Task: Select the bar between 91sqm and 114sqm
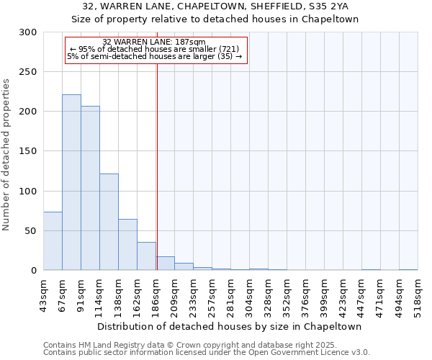tap(90, 188)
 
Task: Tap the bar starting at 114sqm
tap(109, 222)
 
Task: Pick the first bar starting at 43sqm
tap(53, 241)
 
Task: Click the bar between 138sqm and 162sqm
tap(127, 245)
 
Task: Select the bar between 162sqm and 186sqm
tap(146, 256)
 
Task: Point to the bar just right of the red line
tap(165, 264)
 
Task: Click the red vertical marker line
tap(156, 158)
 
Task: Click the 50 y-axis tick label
tap(31, 231)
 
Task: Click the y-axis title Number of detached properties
tap(6, 151)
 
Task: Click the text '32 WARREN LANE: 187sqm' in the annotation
tap(154, 42)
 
